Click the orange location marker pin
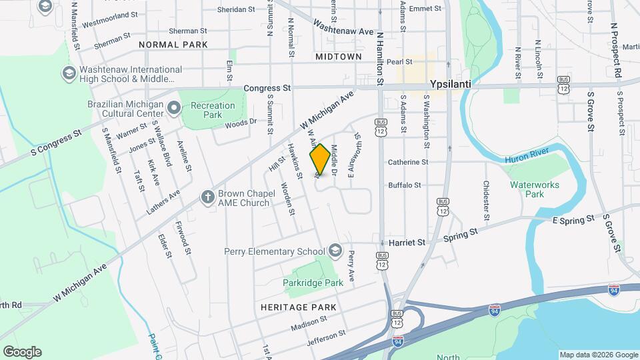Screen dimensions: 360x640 tap(320, 159)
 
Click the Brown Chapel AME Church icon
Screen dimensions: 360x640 tap(208, 197)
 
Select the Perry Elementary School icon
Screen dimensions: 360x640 tap(335, 251)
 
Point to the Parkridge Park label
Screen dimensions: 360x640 tap(313, 283)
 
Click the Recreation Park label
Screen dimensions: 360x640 tap(213, 110)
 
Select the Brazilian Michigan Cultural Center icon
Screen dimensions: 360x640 tap(174, 107)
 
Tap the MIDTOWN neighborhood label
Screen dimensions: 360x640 tap(339, 57)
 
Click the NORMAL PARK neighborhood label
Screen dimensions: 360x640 tap(173, 45)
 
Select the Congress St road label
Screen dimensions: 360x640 tap(267, 87)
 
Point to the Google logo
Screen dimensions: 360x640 tap(22, 352)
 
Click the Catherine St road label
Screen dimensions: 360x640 tap(407, 162)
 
